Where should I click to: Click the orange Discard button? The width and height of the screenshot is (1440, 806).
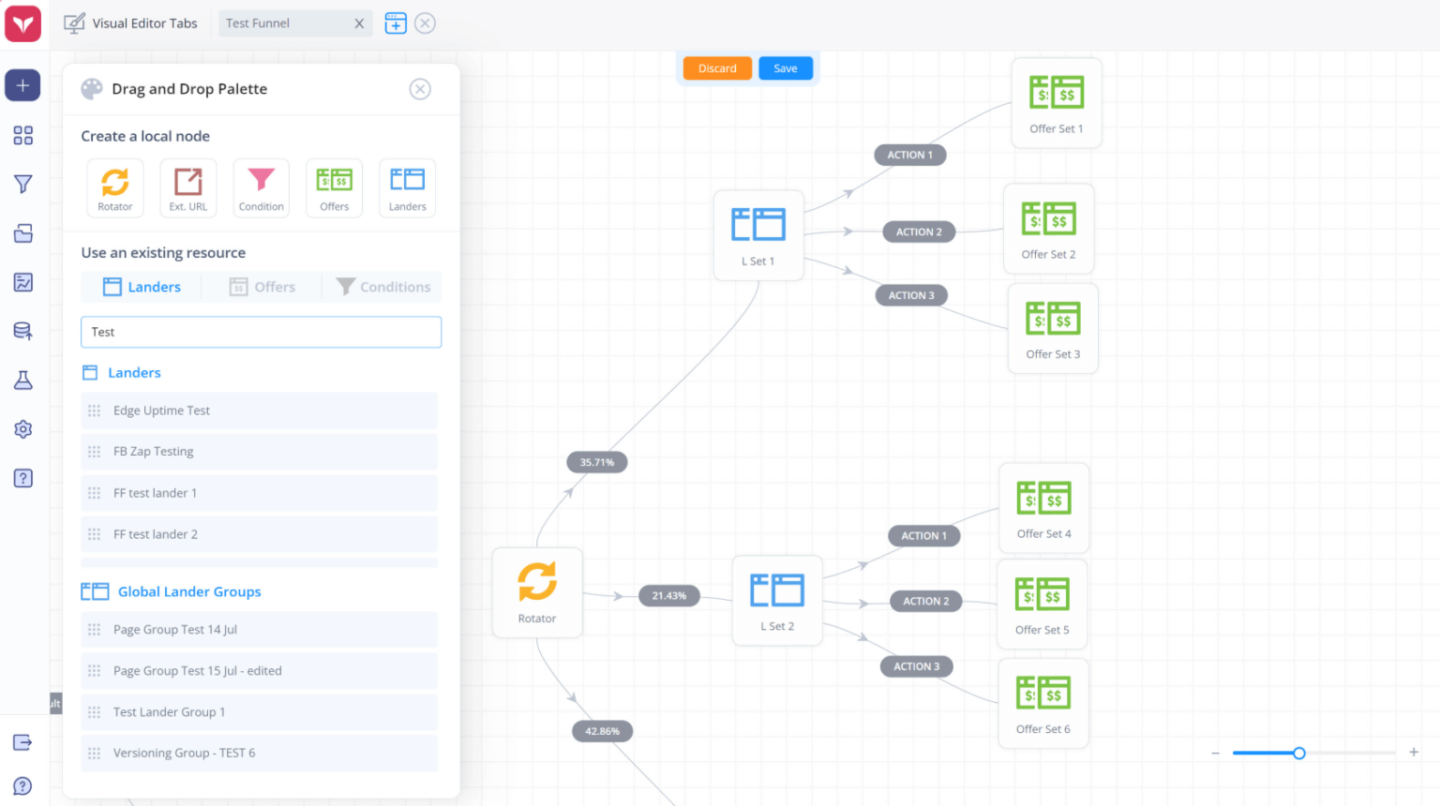click(x=717, y=68)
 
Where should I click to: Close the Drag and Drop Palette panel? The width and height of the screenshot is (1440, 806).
click(x=420, y=89)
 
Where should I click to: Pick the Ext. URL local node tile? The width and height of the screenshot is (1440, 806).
click(x=187, y=188)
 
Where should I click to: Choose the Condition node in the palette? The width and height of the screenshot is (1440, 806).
click(x=261, y=188)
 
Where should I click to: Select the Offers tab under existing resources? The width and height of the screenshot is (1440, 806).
click(x=262, y=287)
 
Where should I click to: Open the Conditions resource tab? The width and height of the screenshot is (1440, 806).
click(x=383, y=287)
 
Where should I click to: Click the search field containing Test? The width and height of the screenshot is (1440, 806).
click(x=261, y=332)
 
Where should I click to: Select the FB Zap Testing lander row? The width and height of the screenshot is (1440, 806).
click(x=259, y=451)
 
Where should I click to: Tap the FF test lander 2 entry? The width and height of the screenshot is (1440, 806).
click(x=259, y=534)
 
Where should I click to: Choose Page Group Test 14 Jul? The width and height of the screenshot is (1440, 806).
click(x=259, y=629)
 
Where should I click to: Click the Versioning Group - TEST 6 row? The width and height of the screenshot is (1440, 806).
click(x=259, y=753)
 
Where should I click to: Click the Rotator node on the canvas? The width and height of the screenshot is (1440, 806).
click(x=537, y=592)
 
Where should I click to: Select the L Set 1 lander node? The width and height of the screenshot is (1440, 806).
click(x=758, y=235)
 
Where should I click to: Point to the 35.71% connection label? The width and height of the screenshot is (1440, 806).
click(x=596, y=462)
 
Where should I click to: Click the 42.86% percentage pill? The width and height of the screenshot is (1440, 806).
click(x=603, y=731)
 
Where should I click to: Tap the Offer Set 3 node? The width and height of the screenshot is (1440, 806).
click(x=1053, y=328)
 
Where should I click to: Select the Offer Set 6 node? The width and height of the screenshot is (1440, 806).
click(x=1042, y=703)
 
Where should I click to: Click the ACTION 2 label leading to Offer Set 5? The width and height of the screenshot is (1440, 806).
click(x=925, y=601)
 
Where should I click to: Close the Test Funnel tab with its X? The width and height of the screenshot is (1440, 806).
click(x=359, y=23)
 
